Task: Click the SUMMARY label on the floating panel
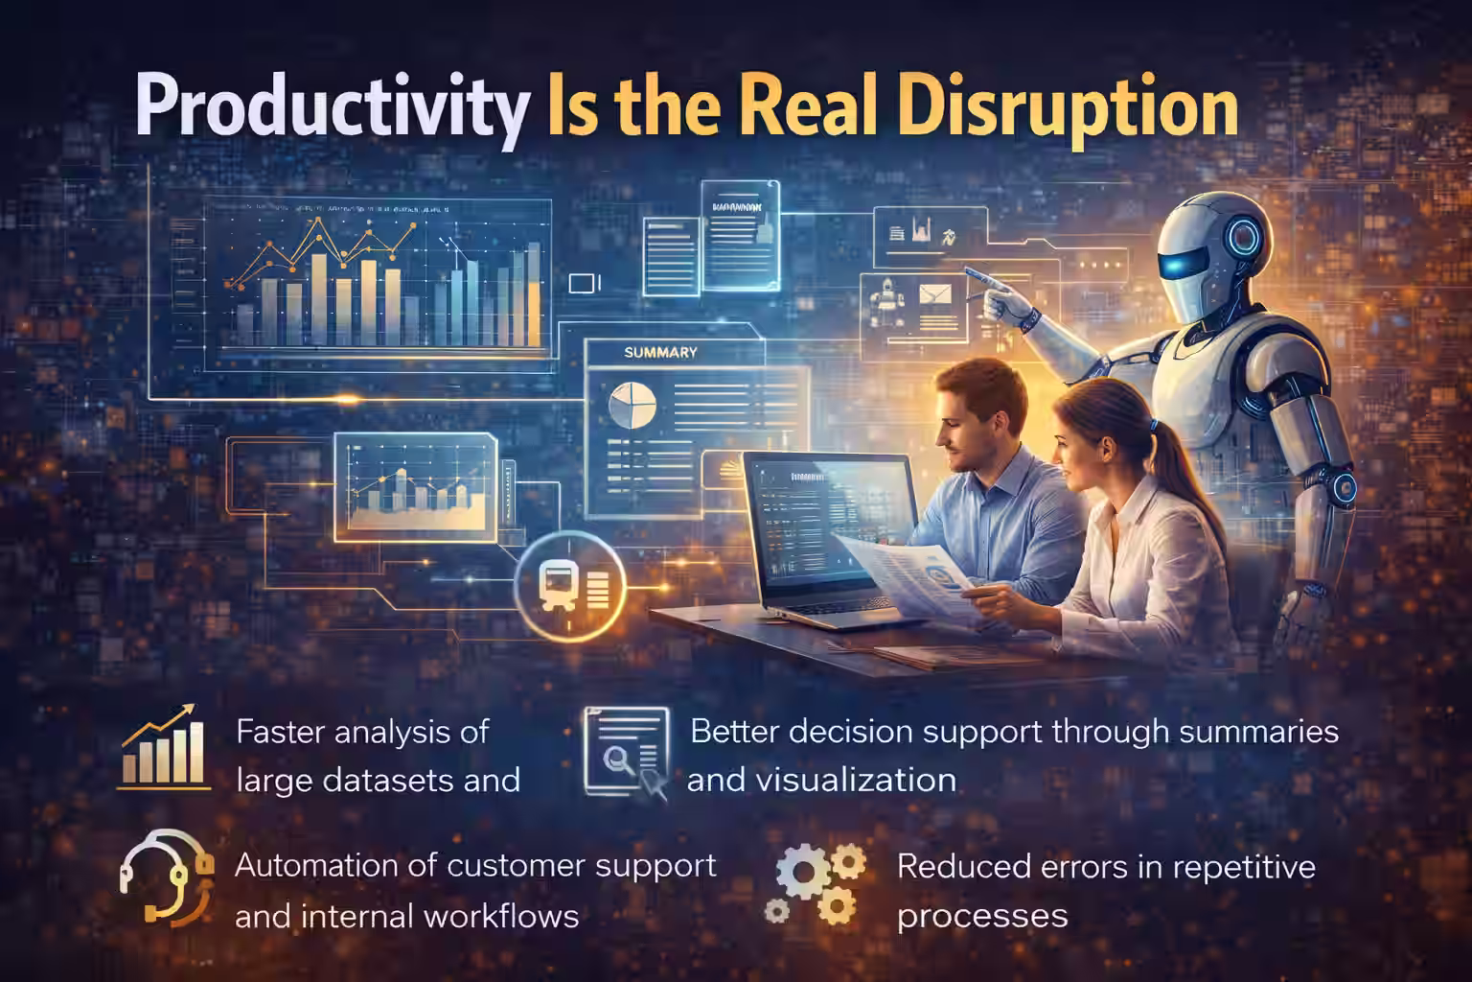tap(660, 353)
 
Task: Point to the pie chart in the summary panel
tap(629, 403)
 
